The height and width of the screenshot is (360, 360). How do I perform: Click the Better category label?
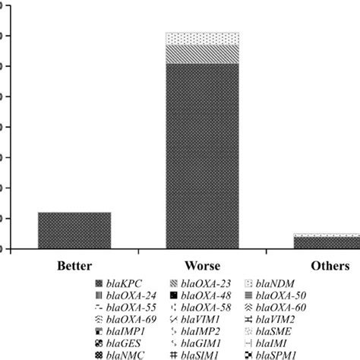pos(74,267)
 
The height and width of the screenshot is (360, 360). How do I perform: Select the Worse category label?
pos(203,267)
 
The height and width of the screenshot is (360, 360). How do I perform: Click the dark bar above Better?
pos(74,230)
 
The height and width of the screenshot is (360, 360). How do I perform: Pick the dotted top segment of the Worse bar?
pos(202,39)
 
